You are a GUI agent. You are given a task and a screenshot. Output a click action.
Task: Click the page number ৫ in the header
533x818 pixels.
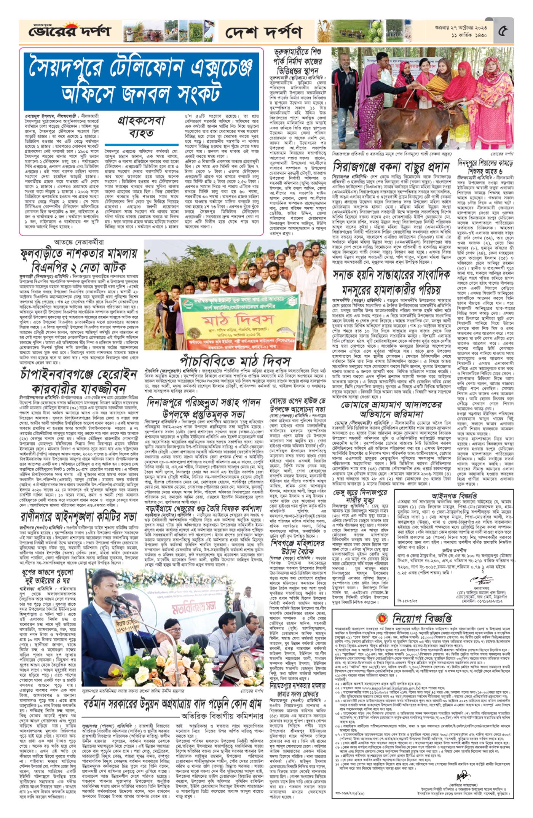tap(503, 31)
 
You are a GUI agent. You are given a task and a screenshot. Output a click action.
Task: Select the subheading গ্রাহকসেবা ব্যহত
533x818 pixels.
tap(141, 127)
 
